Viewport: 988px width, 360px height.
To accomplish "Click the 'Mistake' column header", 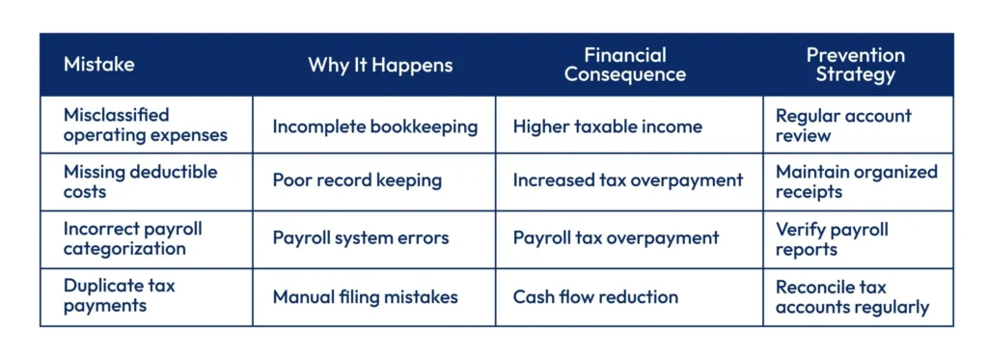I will coord(99,66).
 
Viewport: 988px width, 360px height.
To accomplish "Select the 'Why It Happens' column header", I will coord(380,66).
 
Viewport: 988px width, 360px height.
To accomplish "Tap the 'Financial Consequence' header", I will coord(625,65).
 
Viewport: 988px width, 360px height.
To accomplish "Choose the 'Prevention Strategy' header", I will coord(855,65).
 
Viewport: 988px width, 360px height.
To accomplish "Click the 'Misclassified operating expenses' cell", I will coord(146,125).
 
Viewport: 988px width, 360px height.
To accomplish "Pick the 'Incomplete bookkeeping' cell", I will coord(374,125).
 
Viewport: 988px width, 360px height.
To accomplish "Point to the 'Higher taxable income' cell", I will coord(607,125).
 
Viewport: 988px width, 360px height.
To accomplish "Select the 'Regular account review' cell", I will coord(843,125).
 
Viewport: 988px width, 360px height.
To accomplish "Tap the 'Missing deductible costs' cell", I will coord(141,181).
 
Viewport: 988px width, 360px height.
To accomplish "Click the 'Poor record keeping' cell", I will coord(357,180).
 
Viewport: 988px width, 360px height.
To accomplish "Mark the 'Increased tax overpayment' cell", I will coord(628,180).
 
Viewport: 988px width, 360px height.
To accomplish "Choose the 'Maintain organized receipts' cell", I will coord(857,181).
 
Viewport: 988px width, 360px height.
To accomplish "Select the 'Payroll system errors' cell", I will coord(360,237).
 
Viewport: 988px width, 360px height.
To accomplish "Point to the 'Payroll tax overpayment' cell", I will coord(616,237).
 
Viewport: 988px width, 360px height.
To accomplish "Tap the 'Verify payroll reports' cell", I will coord(832,238).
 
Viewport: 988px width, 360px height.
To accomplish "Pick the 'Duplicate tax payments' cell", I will coord(120,295).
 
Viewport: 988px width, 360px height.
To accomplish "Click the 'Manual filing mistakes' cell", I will coord(365,296).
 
